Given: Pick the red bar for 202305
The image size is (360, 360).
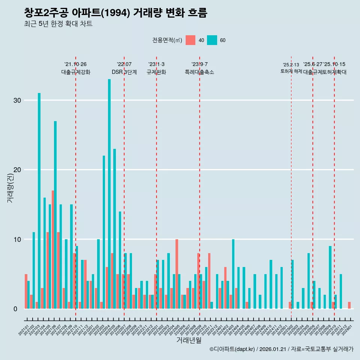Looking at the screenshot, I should coord(177,274).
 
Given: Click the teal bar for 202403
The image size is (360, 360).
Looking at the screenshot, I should coord(233,274).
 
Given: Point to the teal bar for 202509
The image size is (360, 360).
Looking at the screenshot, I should coord(330,277).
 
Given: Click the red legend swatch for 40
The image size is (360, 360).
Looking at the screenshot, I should coord(190,40).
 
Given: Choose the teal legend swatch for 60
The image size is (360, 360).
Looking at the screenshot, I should coord(212,40).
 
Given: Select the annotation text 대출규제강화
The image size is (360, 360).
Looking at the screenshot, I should coord(76,72).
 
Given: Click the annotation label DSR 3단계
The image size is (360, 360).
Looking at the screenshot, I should coord(124,72).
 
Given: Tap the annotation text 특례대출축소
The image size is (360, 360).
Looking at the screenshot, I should coord(199,72).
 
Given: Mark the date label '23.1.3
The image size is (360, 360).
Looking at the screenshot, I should coord(156,64).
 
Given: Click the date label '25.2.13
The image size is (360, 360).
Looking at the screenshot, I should coord(291,65).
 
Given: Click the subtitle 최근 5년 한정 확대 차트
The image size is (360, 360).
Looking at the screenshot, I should coord(58,24).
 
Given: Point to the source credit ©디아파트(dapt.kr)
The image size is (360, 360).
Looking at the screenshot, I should coord(232,349).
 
